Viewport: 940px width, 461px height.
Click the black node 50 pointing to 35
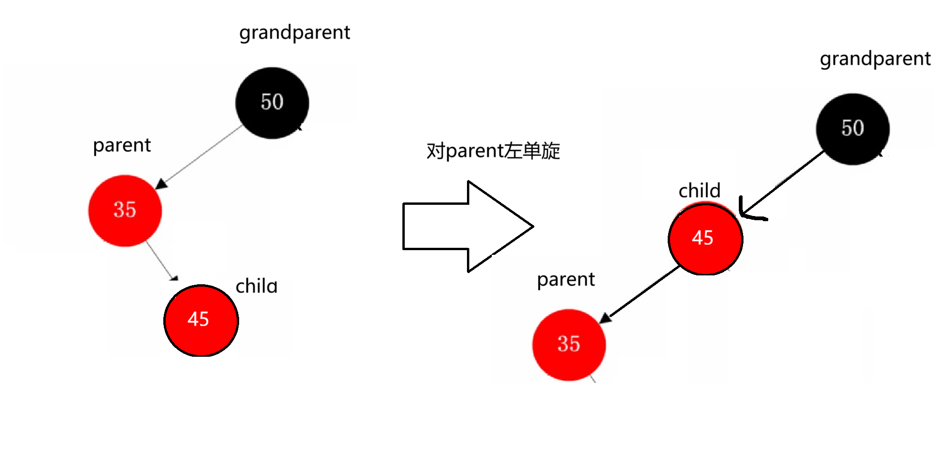click(272, 103)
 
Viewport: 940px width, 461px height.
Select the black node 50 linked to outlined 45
click(853, 129)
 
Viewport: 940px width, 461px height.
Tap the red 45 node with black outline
click(705, 238)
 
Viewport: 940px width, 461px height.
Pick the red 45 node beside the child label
click(201, 320)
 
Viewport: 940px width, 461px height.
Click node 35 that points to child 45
click(125, 210)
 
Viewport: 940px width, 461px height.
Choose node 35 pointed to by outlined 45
click(569, 345)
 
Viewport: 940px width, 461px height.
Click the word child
click(258, 287)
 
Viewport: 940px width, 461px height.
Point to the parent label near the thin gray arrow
click(122, 145)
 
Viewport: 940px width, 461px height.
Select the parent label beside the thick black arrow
click(566, 280)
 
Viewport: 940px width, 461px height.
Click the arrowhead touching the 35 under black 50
click(161, 184)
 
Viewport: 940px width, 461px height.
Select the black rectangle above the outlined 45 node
click(688, 174)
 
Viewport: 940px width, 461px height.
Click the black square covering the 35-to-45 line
click(200, 247)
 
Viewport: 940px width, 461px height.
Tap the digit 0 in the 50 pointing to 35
click(278, 102)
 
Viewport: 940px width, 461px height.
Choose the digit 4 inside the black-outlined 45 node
click(697, 238)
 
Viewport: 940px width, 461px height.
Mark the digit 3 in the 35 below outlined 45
click(563, 344)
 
